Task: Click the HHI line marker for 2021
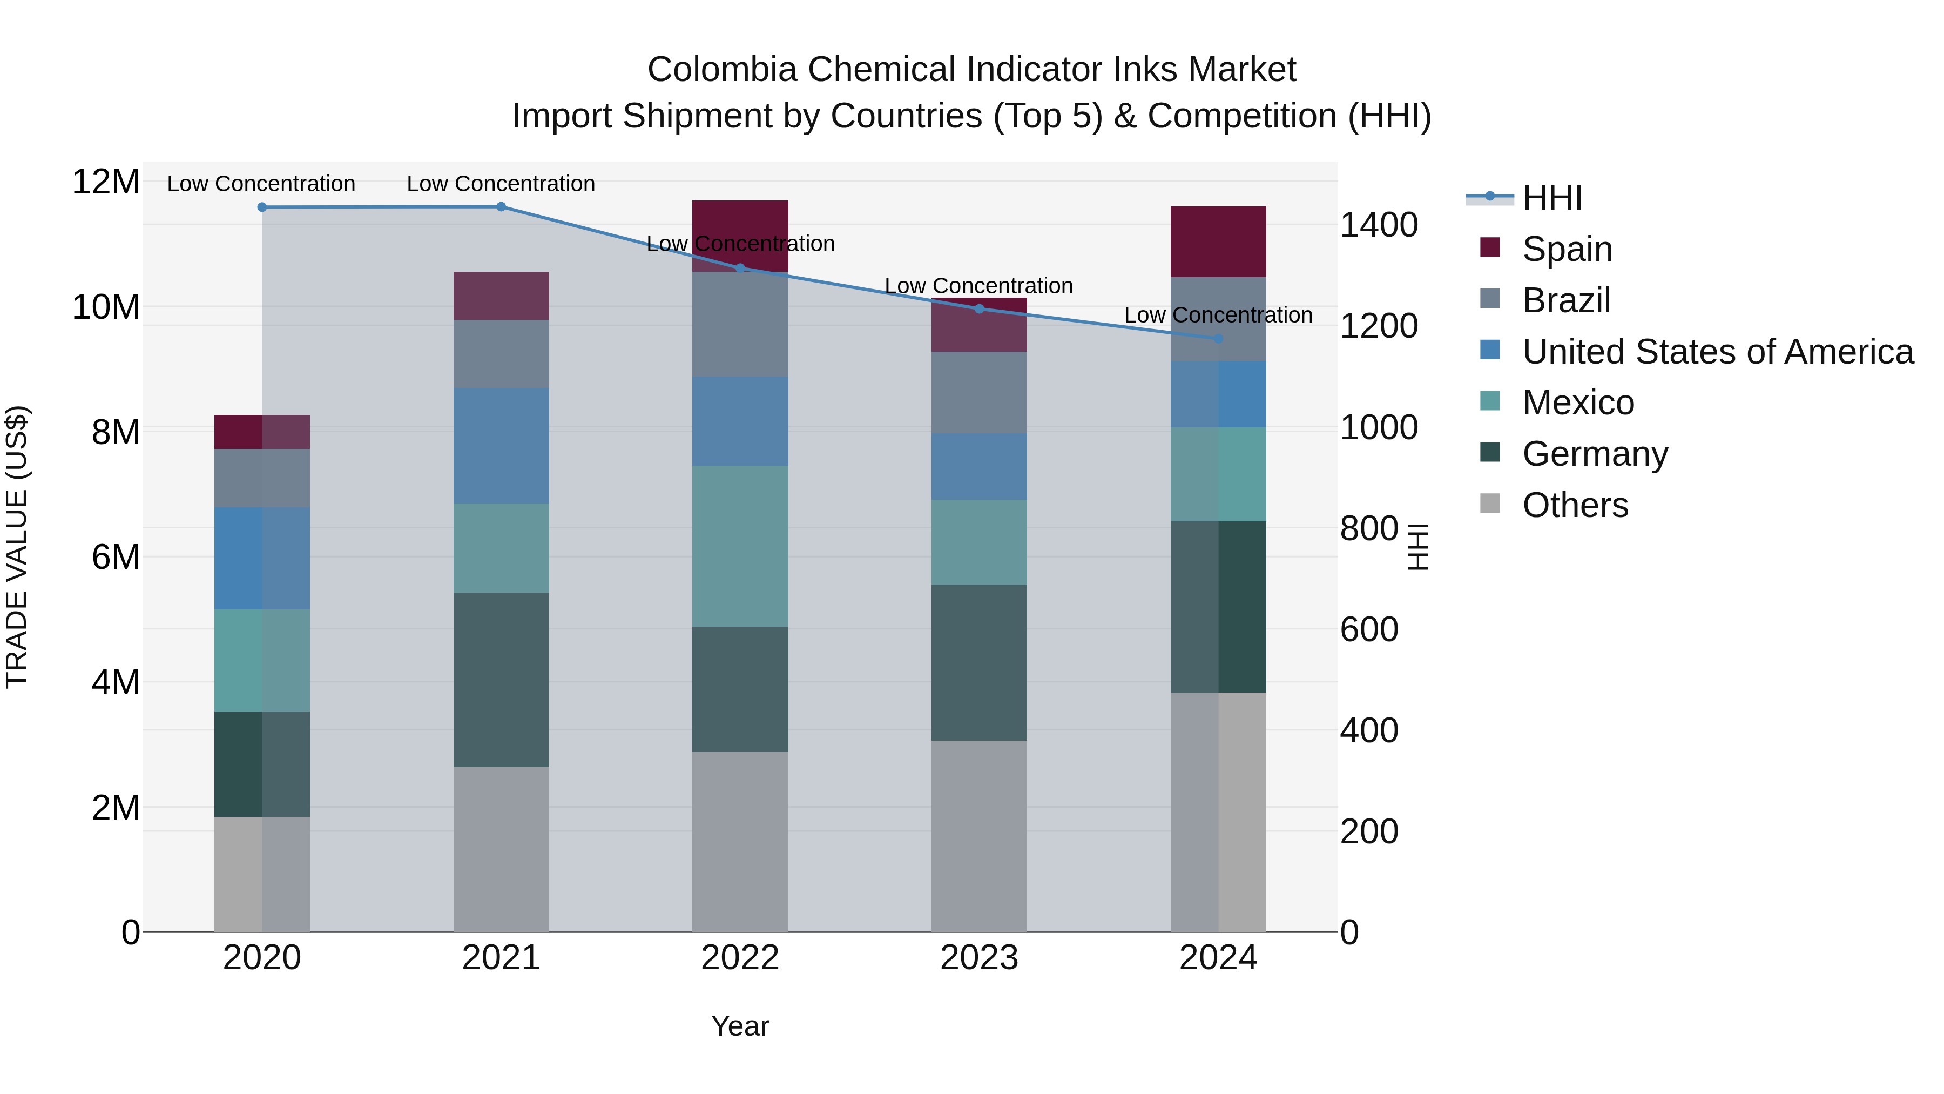pyautogui.click(x=501, y=206)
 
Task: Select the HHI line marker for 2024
pyautogui.click(x=1218, y=338)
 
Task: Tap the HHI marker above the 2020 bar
pyautogui.click(x=262, y=207)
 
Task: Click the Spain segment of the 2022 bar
pyautogui.click(x=740, y=226)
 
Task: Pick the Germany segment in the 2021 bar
pyautogui.click(x=501, y=680)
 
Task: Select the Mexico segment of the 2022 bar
pyautogui.click(x=740, y=545)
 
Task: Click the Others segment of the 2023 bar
pyautogui.click(x=979, y=835)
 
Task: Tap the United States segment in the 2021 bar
pyautogui.click(x=501, y=446)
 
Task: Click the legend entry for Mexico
pyautogui.click(x=1578, y=402)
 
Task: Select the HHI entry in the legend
pyautogui.click(x=1551, y=198)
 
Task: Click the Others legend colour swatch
pyautogui.click(x=1490, y=504)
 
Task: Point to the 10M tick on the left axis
pyautogui.click(x=106, y=307)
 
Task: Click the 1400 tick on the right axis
pyautogui.click(x=1379, y=225)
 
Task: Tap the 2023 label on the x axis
pyautogui.click(x=979, y=958)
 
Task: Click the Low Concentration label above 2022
pyautogui.click(x=740, y=244)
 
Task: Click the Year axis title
pyautogui.click(x=740, y=1026)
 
